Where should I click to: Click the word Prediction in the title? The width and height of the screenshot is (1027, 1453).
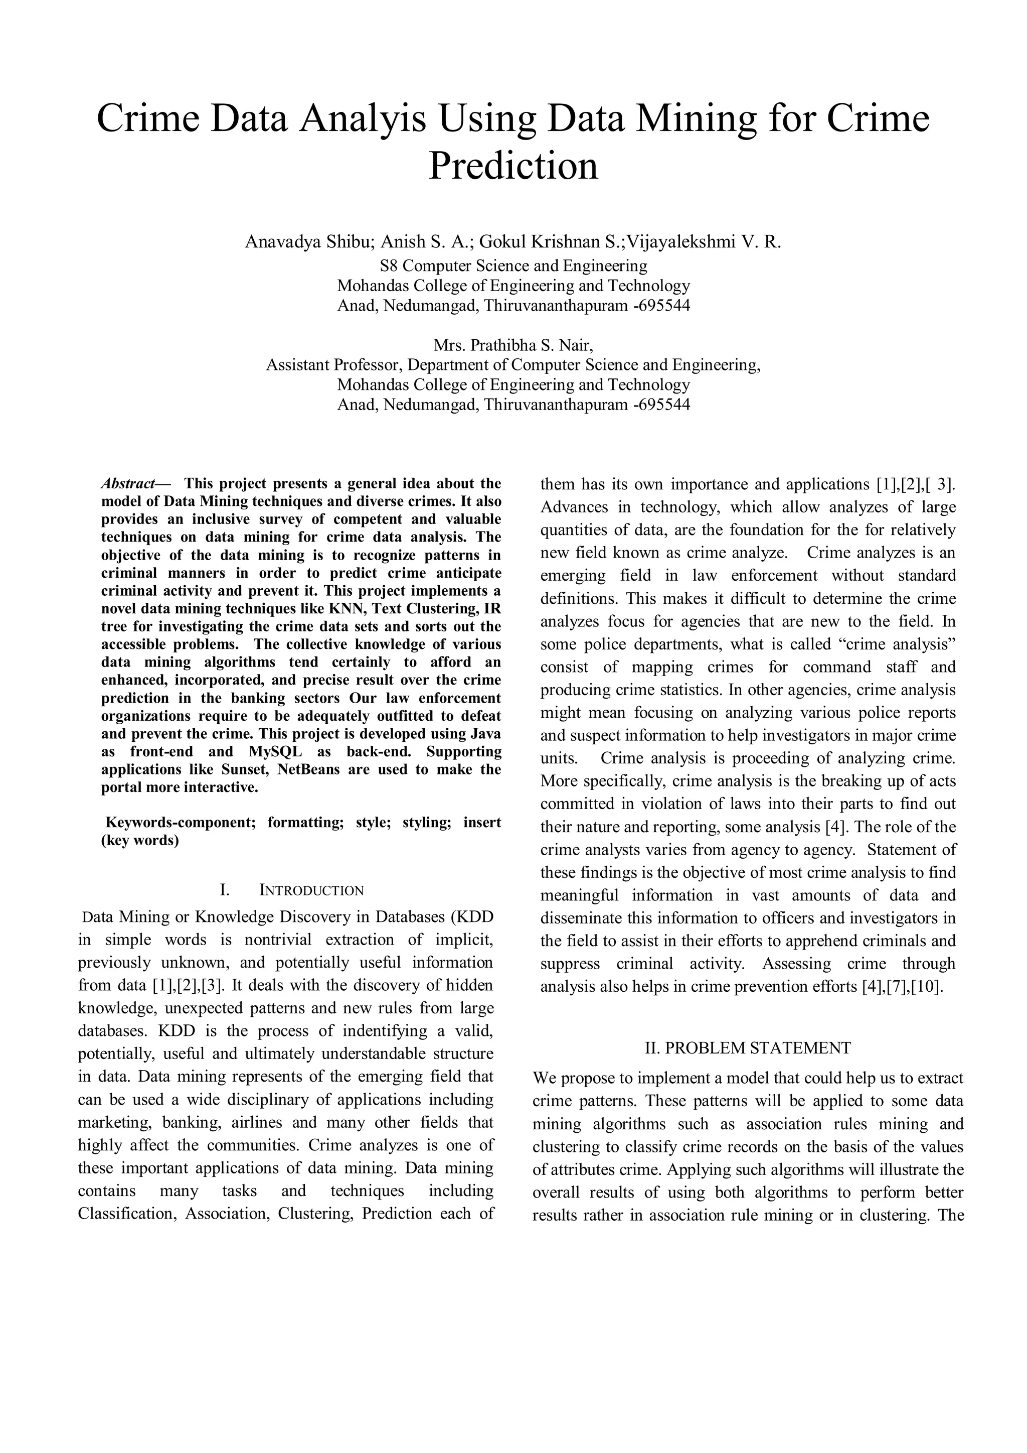(x=513, y=167)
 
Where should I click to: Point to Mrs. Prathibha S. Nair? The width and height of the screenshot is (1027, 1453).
(x=513, y=345)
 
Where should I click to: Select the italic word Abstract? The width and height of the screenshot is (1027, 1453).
(x=128, y=484)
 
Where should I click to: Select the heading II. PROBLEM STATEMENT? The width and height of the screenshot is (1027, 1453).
(x=748, y=1048)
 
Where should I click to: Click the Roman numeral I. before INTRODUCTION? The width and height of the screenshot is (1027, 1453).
(x=224, y=891)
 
